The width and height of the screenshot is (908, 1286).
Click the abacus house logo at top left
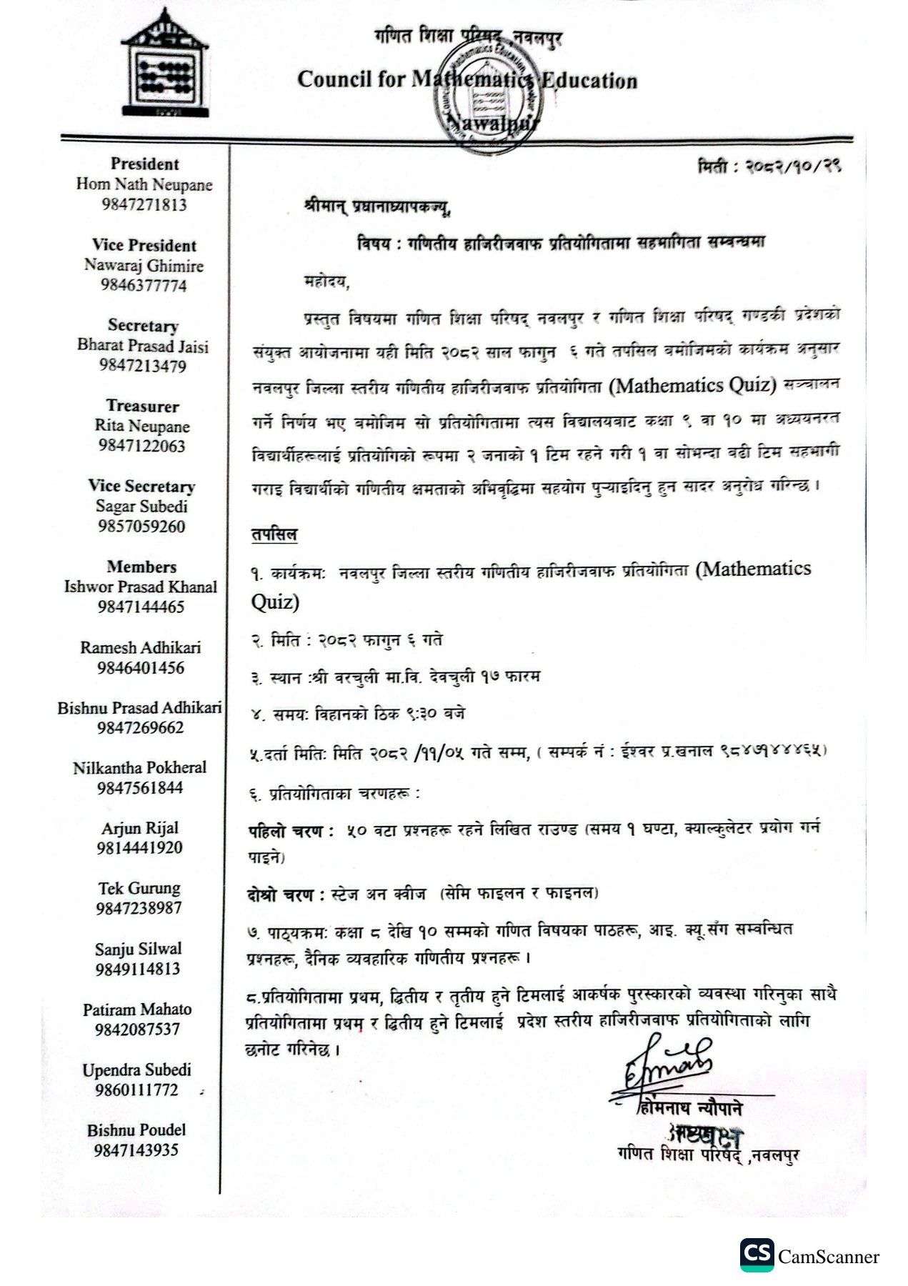(165, 65)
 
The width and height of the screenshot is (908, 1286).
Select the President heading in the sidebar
(144, 164)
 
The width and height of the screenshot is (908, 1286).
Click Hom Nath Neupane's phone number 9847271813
(144, 205)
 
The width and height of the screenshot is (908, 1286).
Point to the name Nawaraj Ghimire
(144, 266)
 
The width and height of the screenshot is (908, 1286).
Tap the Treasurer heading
(143, 407)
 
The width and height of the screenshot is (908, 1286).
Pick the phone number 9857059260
(141, 527)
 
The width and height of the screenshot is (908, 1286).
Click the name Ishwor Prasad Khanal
(141, 587)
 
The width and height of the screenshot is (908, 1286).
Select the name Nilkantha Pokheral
(140, 768)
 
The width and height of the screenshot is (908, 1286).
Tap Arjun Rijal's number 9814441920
(141, 848)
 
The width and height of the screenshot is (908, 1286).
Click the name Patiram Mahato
(138, 1010)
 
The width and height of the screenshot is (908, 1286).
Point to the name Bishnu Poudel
(136, 1130)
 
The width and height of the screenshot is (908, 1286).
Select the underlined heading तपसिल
(274, 534)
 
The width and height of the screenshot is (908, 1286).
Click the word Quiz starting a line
(275, 602)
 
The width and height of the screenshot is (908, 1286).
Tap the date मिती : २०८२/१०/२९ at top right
(769, 167)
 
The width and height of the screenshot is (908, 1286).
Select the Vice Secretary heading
(141, 487)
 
